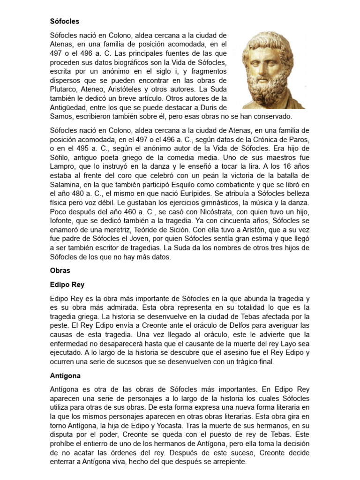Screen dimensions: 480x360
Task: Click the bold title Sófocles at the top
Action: (65, 21)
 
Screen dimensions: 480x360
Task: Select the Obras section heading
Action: (60, 270)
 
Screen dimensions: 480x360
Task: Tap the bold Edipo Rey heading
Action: (67, 285)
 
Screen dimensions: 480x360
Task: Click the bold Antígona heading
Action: (65, 375)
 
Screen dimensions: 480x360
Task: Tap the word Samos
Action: (61, 116)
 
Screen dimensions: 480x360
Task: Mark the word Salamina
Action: (65, 184)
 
